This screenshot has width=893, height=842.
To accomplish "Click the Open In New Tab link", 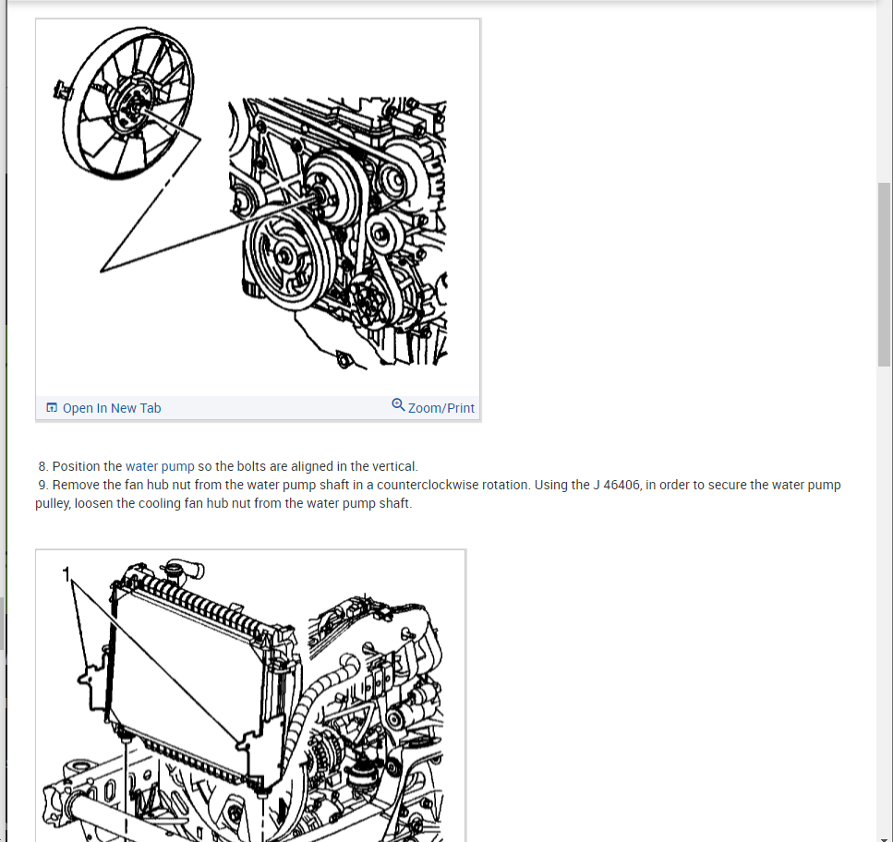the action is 111,408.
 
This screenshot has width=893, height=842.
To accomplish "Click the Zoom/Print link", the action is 440,408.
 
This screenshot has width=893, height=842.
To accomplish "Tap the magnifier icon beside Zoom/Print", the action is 398,405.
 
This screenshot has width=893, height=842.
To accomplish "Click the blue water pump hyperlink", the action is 160,466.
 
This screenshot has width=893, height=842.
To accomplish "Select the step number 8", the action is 43,466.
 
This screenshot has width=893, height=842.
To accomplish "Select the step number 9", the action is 43,485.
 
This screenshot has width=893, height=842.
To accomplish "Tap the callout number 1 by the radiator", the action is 66,574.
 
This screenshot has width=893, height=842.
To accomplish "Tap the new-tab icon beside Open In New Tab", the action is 52,408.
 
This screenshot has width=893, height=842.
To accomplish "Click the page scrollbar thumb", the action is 884,274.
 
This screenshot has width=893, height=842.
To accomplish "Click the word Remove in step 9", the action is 76,485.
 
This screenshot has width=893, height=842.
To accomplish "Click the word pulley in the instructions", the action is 53,503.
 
